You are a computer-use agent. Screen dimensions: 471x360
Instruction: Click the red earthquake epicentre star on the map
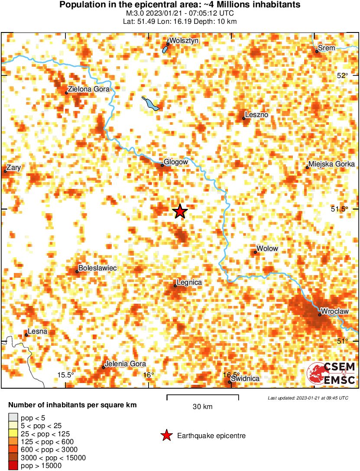(x=180, y=211)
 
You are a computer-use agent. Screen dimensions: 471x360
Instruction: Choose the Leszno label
(x=257, y=115)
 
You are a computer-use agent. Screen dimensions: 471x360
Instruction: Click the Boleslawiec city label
(x=97, y=268)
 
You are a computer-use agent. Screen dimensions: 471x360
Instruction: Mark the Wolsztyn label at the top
(x=184, y=40)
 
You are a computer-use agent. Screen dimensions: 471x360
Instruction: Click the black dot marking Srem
(x=317, y=52)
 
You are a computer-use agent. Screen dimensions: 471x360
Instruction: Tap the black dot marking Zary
(x=5, y=171)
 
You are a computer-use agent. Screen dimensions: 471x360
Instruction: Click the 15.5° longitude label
(x=66, y=375)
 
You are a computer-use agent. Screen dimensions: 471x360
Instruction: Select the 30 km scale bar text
(x=202, y=406)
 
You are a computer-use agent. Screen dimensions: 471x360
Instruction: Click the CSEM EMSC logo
(x=331, y=374)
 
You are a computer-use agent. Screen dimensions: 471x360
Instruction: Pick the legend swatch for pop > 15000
(x=12, y=466)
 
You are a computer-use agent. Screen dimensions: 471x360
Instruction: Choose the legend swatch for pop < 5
(x=12, y=418)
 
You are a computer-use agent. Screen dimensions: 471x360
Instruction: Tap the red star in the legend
(x=166, y=436)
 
